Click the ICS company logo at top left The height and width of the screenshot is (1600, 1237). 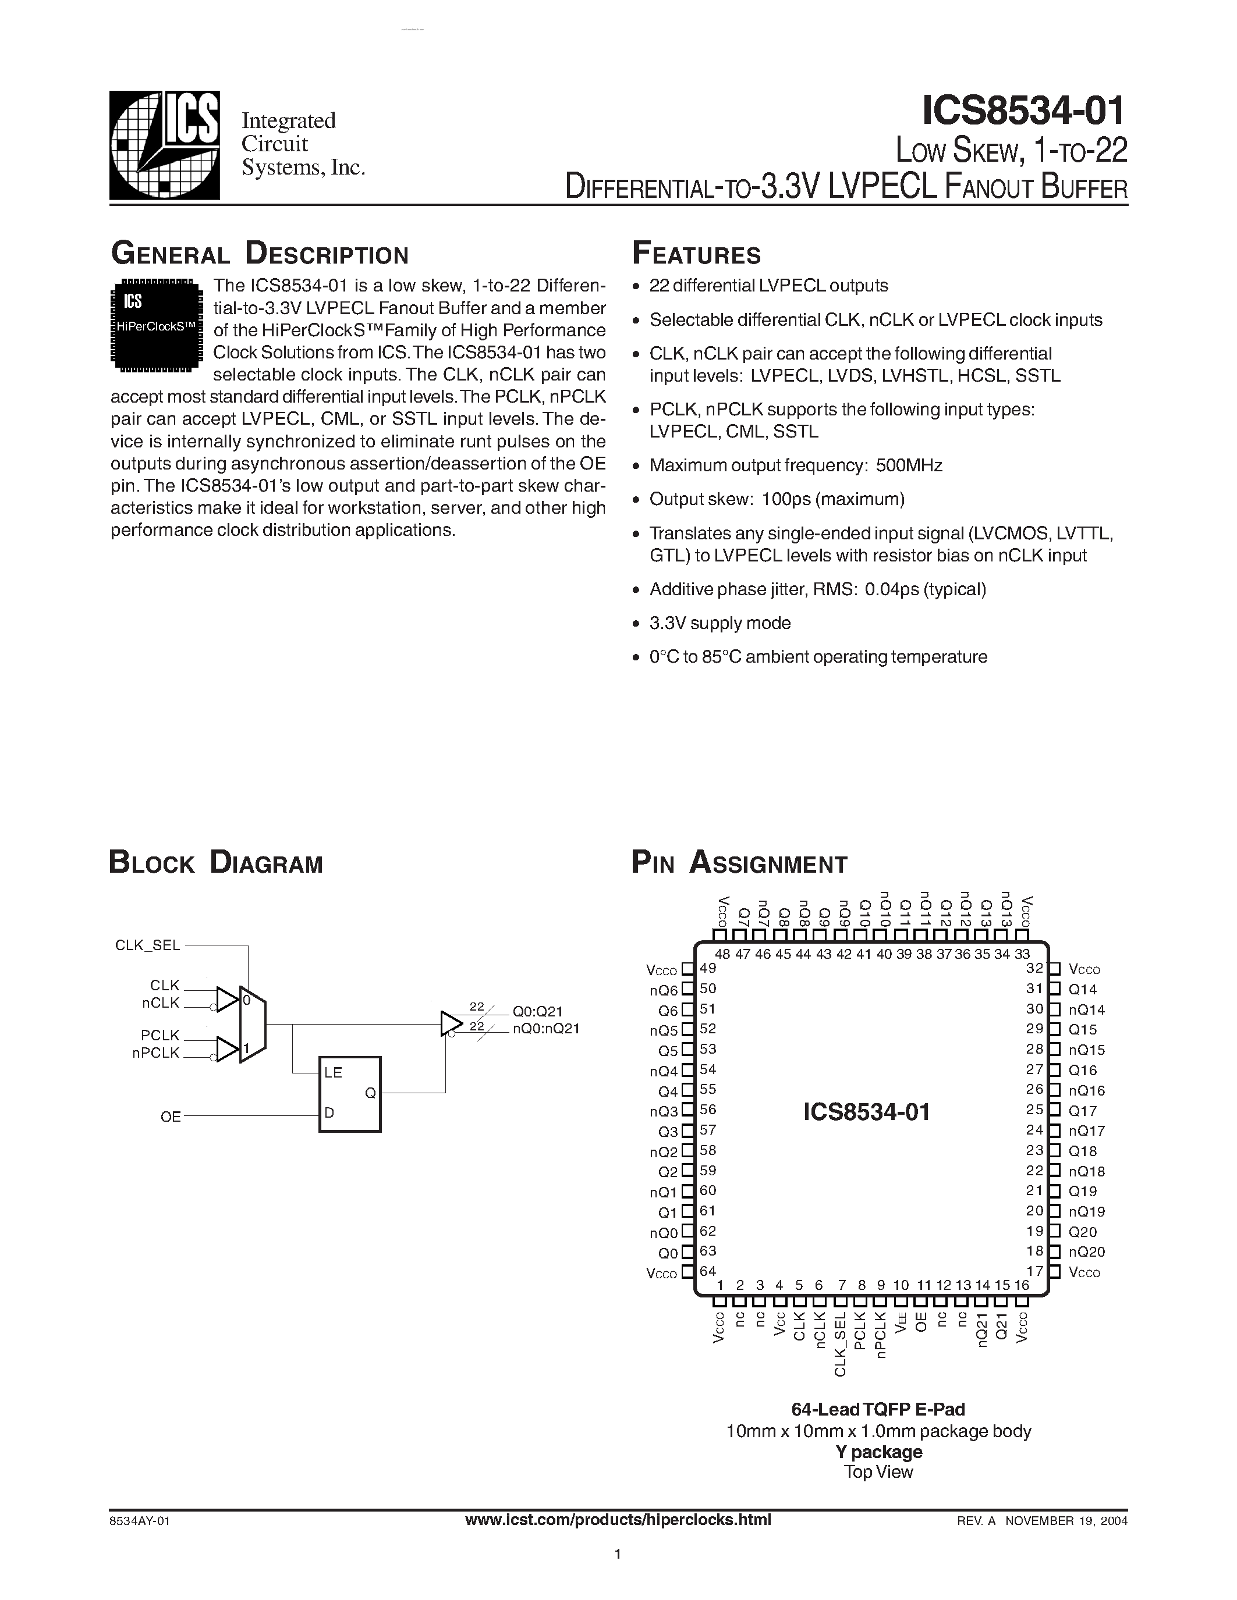pos(164,145)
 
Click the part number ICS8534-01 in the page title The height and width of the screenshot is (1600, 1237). pos(1023,111)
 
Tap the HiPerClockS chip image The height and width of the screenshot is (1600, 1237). pos(156,325)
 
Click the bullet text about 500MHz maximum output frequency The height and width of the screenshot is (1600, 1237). pos(795,465)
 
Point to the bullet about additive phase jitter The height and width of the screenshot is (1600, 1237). pos(817,589)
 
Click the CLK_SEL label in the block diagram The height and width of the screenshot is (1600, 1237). pos(147,945)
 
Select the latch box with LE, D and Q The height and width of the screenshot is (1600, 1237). pos(349,1094)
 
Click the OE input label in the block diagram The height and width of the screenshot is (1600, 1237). pos(171,1117)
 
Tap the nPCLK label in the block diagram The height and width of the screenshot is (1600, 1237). pos(155,1053)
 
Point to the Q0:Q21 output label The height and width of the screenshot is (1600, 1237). pos(537,1011)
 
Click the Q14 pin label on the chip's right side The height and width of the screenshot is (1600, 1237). pos(1082,989)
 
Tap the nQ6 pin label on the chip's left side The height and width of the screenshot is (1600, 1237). pos(662,990)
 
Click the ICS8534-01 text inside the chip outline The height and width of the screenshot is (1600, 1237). pos(866,1112)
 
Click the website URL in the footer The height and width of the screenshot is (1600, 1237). pos(618,1519)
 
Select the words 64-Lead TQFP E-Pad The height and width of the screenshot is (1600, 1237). pos(878,1409)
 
